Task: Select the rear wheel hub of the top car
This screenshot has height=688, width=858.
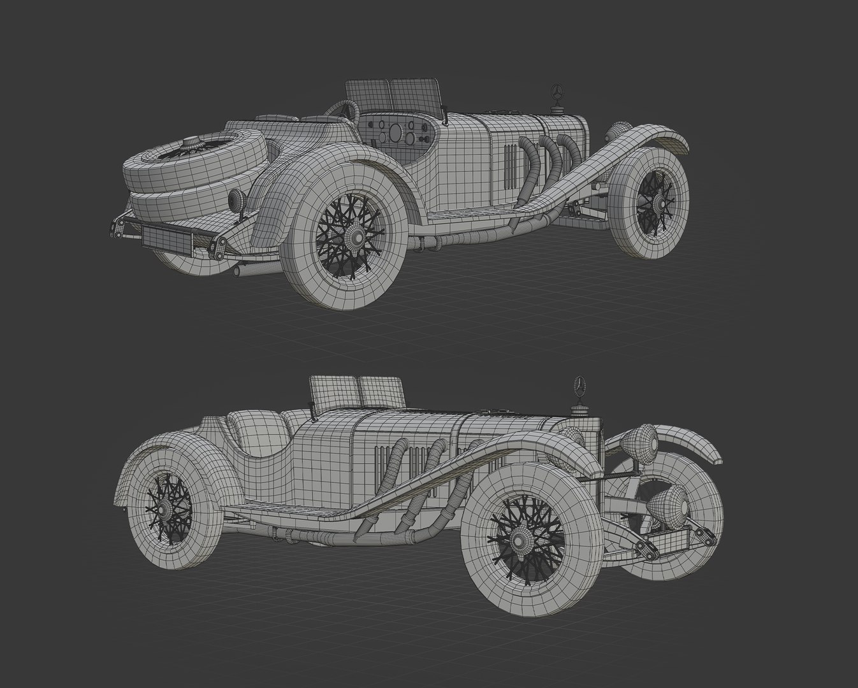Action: click(356, 236)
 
